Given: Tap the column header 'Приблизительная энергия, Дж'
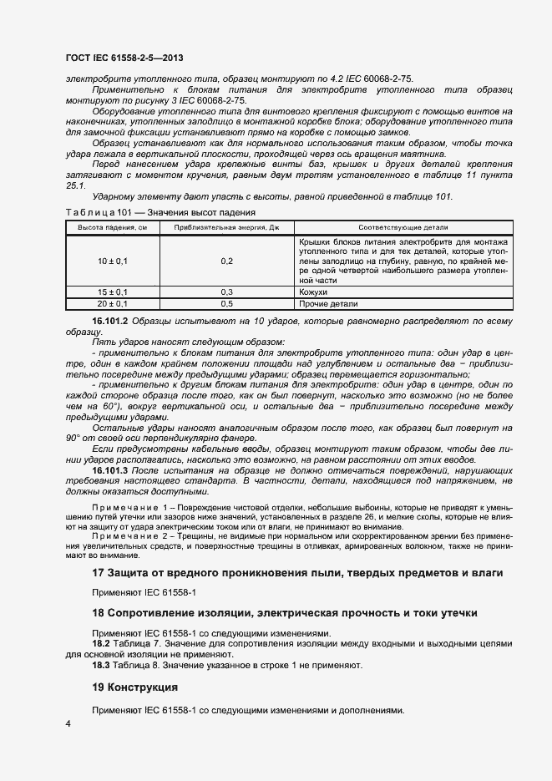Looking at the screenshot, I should (x=226, y=228).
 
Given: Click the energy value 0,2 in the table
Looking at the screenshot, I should (x=226, y=261).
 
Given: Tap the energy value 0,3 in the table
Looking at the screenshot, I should (x=226, y=292).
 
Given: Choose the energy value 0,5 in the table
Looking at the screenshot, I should (x=226, y=304).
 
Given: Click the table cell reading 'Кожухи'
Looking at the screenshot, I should (x=313, y=292).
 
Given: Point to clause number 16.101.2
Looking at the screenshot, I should (x=110, y=321).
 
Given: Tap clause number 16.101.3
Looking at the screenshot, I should (x=110, y=470).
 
